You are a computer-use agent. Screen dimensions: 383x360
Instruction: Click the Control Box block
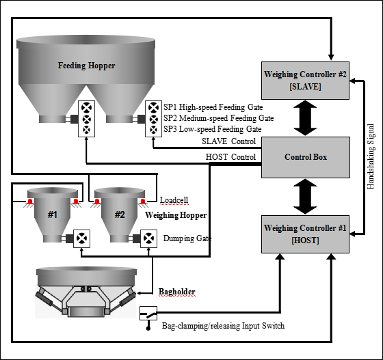point(306,157)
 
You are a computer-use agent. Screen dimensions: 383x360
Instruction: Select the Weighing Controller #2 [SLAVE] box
point(305,81)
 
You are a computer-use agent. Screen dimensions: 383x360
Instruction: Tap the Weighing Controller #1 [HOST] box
point(305,234)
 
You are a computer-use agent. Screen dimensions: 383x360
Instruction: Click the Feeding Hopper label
point(86,66)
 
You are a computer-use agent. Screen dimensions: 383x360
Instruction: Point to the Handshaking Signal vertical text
point(371,156)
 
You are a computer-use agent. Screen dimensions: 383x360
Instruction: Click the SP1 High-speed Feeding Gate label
point(213,107)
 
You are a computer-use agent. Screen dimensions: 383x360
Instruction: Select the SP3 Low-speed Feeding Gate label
point(213,129)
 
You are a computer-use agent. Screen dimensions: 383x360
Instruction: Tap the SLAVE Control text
point(229,141)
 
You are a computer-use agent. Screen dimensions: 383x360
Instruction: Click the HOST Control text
point(231,157)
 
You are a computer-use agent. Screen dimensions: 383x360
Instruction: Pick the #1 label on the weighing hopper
point(53,214)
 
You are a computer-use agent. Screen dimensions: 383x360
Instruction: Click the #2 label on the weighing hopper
point(120,214)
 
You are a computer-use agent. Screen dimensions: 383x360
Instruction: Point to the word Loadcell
point(174,200)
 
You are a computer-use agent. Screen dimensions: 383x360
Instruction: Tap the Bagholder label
point(177,292)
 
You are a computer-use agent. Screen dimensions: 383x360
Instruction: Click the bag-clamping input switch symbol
point(148,313)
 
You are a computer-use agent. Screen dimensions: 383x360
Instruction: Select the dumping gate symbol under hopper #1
point(81,238)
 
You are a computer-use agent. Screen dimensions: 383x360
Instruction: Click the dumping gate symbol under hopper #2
point(148,238)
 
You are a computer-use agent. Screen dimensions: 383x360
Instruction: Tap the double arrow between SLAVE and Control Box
point(305,118)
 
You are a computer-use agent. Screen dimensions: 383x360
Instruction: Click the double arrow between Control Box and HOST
point(305,197)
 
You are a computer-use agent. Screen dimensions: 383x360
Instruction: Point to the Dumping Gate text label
point(187,238)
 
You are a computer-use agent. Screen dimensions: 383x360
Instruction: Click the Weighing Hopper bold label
point(176,215)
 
